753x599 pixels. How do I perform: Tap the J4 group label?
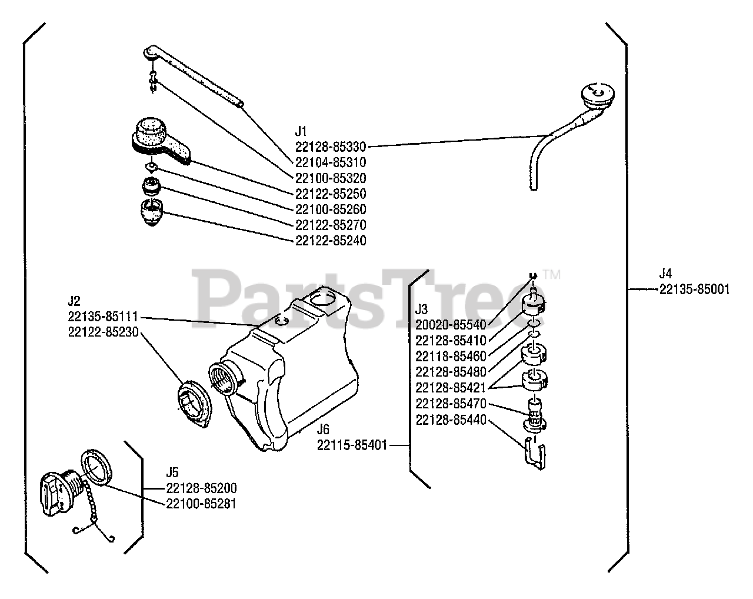pyautogui.click(x=665, y=274)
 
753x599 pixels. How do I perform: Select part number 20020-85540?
pyautogui.click(x=451, y=325)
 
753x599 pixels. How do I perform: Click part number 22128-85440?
pyautogui.click(x=451, y=420)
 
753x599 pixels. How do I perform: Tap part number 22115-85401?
pyautogui.click(x=352, y=445)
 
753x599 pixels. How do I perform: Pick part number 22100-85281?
pyautogui.click(x=201, y=504)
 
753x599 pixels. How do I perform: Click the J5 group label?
pyautogui.click(x=172, y=472)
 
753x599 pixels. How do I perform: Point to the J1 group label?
pyautogui.click(x=301, y=130)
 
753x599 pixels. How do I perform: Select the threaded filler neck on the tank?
pyautogui.click(x=222, y=376)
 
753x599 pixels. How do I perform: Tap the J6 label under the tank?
pyautogui.click(x=322, y=430)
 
